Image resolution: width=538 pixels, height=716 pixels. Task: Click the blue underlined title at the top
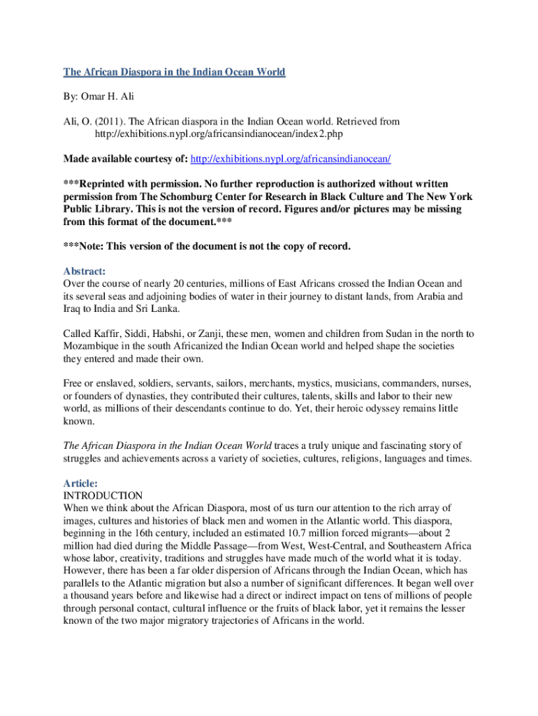pyautogui.click(x=175, y=72)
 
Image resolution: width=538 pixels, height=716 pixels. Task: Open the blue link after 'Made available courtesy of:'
pyautogui.click(x=291, y=158)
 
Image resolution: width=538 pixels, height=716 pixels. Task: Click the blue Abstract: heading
pyautogui.click(x=84, y=271)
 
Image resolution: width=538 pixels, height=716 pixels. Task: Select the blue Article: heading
pyautogui.click(x=80, y=483)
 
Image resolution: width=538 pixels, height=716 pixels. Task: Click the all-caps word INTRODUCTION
pyautogui.click(x=103, y=495)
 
